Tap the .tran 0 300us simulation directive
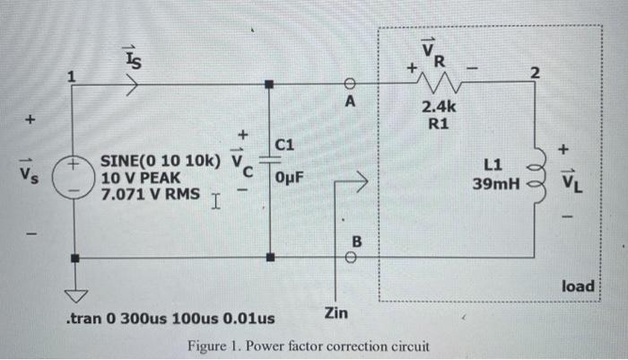pyautogui.click(x=171, y=319)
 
